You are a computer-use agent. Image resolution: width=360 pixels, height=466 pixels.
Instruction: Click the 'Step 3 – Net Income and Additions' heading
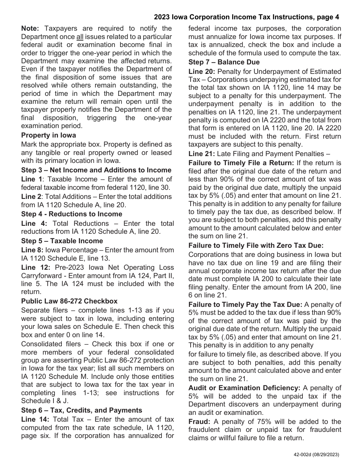96,170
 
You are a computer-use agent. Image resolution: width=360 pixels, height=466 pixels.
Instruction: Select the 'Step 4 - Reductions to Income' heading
72,214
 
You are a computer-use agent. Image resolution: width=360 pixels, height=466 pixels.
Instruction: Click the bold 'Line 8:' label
32,250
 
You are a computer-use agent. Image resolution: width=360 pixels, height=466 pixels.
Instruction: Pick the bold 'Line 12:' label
34,267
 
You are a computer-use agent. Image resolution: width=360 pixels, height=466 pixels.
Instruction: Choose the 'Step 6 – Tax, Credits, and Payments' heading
82,410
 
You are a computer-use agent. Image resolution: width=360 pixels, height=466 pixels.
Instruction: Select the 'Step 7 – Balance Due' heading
224,62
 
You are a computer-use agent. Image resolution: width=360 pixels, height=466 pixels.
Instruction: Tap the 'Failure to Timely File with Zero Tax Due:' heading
256,246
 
